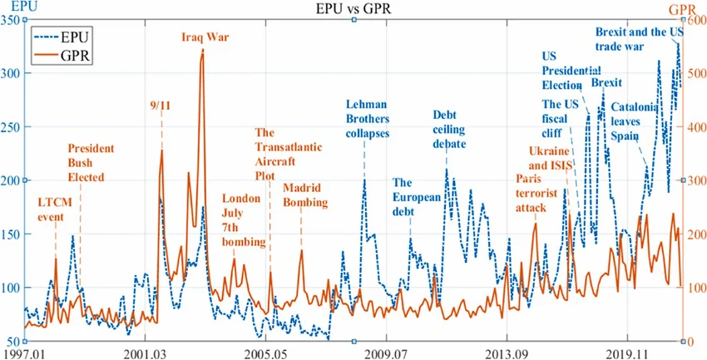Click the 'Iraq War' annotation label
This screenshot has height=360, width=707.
[x=205, y=37]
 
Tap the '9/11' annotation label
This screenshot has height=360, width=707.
[x=160, y=106]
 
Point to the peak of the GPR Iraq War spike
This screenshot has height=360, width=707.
[x=202, y=50]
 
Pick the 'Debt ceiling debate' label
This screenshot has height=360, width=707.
[x=449, y=129]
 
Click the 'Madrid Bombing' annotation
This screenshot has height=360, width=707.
[x=305, y=195]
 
